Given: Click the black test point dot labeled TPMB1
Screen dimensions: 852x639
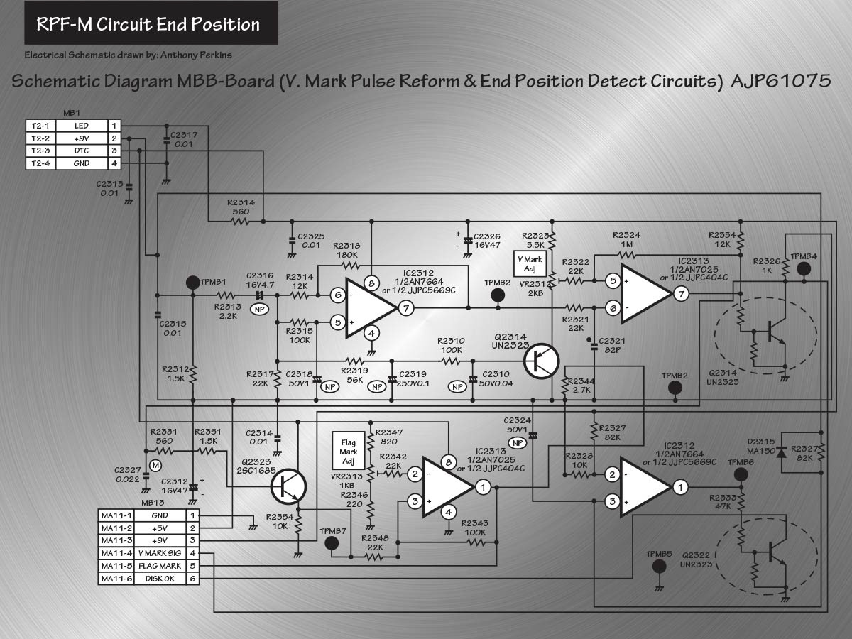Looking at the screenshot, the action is (193, 283).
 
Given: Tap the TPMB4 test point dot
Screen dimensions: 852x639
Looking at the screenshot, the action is (804, 268).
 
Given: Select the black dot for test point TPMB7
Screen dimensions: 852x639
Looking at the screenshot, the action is (331, 544).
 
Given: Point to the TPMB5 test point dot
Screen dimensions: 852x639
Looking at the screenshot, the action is (659, 567).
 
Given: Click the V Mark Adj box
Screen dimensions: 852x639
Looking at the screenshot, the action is (530, 264).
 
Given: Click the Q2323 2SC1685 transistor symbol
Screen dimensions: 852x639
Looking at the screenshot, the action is (288, 486).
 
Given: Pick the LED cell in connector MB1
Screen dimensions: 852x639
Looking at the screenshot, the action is (82, 126).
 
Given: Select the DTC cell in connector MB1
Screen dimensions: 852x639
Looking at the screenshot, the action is (82, 151).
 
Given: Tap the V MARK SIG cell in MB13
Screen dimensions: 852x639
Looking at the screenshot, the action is (160, 553).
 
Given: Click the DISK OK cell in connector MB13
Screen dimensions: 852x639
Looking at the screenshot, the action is (160, 579).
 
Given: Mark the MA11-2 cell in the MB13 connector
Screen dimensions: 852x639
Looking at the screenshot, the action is (116, 528).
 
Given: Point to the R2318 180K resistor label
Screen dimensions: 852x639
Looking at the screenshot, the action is (346, 250).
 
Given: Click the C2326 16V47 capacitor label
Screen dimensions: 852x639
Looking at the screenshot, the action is (487, 241).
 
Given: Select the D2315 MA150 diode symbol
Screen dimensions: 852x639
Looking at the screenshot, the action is (781, 452).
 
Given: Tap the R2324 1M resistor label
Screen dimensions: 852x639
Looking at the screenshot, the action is (626, 239).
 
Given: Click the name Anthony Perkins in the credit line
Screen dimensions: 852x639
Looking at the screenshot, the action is (196, 55).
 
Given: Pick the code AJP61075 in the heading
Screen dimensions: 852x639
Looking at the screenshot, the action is (780, 81).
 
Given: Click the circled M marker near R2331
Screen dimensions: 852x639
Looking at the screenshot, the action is (155, 465).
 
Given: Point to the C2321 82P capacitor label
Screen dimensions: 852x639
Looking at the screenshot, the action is (612, 345).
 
